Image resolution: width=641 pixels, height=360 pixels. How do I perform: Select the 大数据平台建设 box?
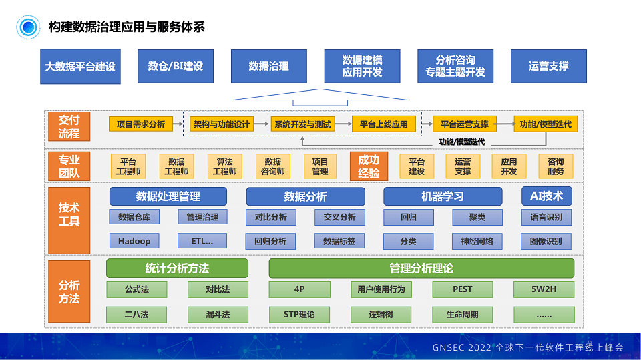[80, 67]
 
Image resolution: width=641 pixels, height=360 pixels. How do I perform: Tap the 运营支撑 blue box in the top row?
[548, 66]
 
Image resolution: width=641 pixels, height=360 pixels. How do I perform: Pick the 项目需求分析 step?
[140, 124]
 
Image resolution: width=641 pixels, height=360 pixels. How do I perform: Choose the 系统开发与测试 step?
[302, 124]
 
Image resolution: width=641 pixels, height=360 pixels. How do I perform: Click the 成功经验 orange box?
[369, 166]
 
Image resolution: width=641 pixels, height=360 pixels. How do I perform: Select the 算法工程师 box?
[224, 166]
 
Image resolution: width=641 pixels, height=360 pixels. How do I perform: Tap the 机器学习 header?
[442, 196]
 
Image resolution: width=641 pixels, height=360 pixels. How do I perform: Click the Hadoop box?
[134, 241]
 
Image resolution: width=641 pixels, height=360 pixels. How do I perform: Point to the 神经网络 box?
[477, 241]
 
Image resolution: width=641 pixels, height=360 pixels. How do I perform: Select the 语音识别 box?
[546, 217]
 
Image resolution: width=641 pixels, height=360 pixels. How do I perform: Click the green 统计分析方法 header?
[177, 268]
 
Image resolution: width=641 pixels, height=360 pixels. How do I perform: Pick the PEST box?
[462, 289]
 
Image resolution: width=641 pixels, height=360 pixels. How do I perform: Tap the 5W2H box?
[544, 289]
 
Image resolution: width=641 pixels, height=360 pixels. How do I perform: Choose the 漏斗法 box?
[218, 314]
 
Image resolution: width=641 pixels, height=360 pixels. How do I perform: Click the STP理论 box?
[299, 314]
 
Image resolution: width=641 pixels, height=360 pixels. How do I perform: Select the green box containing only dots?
[544, 314]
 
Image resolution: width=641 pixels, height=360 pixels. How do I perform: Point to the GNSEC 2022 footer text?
[527, 347]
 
